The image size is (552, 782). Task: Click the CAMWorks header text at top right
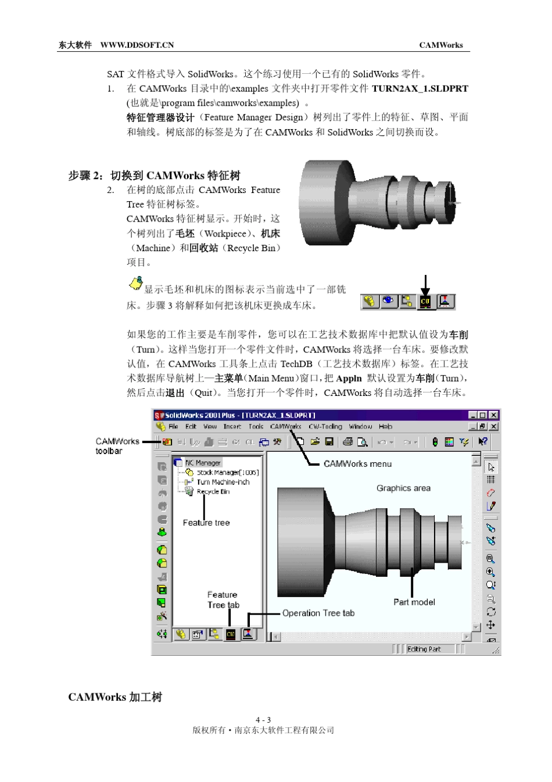[440, 45]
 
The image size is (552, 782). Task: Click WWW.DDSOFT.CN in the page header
[137, 45]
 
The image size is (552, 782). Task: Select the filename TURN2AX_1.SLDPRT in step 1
[420, 88]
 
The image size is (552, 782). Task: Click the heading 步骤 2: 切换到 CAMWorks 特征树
[154, 176]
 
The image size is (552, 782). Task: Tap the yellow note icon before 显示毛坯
[135, 284]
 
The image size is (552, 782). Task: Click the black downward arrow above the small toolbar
[425, 285]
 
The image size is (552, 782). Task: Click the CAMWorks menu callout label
[357, 463]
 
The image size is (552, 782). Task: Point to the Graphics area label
[403, 488]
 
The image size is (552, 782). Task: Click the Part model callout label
[414, 602]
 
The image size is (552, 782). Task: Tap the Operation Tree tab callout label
[318, 613]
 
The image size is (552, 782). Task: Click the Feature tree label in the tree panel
[206, 523]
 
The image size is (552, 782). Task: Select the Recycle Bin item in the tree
[213, 491]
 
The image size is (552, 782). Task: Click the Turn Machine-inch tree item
[223, 482]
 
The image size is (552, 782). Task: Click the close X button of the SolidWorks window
[493, 415]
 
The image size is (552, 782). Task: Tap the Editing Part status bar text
[424, 649]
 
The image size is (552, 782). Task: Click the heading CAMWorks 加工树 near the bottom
[115, 697]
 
